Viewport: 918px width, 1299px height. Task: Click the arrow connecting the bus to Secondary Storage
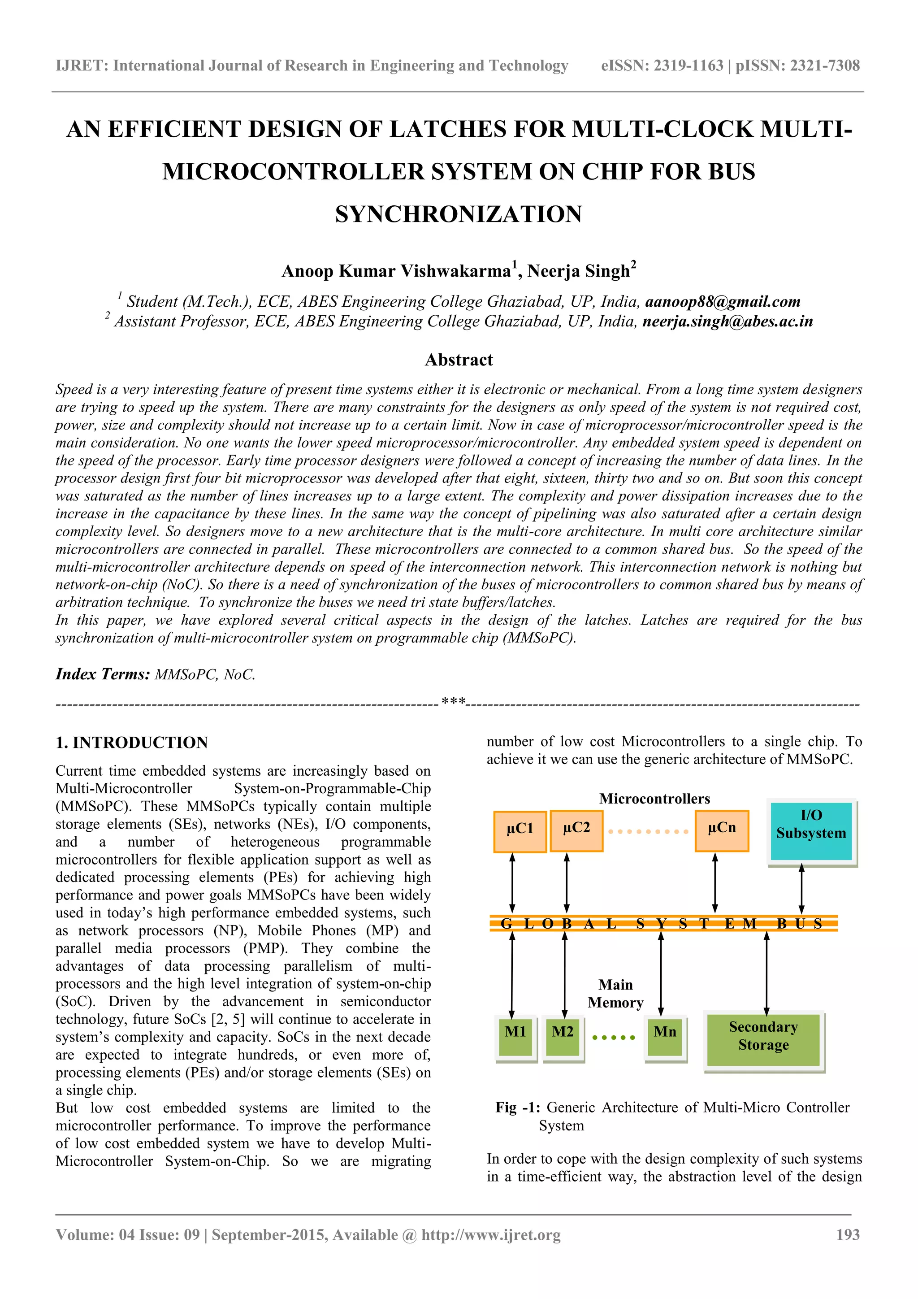[x=766, y=973]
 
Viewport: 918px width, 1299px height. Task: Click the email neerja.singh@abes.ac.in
[x=727, y=321]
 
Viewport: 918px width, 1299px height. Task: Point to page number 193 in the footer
[x=848, y=1234]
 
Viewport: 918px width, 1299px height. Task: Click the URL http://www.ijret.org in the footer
[x=491, y=1234]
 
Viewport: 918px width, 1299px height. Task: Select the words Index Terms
[x=102, y=674]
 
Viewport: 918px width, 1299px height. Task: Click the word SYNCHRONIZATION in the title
[x=459, y=214]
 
